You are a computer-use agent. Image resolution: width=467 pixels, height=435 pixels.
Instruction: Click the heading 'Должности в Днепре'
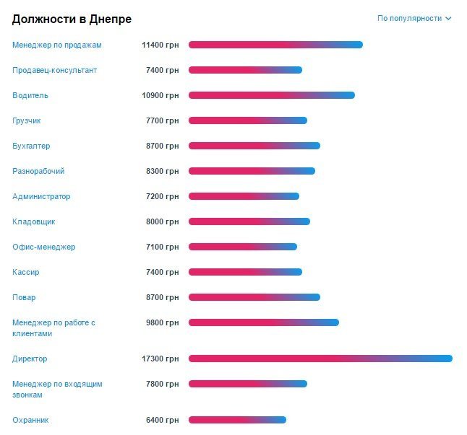point(72,19)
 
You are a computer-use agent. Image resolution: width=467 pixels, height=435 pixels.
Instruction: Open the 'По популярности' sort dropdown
point(414,18)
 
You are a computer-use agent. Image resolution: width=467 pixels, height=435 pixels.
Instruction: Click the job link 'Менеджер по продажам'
point(57,45)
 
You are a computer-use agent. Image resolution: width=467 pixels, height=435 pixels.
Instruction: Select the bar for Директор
point(320,359)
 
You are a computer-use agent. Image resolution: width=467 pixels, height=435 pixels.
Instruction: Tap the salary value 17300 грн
point(160,359)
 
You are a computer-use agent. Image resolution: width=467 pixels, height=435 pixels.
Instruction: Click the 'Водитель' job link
point(30,95)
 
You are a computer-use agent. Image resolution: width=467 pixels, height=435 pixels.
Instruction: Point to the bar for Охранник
point(237,420)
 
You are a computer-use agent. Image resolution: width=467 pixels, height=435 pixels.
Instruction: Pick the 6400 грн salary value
point(163,420)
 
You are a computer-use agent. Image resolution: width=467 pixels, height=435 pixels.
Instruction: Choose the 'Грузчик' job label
point(27,120)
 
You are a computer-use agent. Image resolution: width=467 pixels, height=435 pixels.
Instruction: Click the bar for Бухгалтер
point(254,146)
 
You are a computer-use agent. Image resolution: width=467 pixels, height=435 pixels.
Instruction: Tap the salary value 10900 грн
point(160,95)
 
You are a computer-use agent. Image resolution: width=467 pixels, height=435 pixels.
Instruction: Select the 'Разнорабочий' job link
point(38,171)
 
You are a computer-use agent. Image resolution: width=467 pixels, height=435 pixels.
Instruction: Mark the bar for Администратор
point(244,196)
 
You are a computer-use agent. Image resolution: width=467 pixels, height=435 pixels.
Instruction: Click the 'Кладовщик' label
point(34,221)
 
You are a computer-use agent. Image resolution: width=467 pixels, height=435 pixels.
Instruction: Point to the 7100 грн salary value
point(163,247)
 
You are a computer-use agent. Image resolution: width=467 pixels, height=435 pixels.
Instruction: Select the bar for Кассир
point(245,272)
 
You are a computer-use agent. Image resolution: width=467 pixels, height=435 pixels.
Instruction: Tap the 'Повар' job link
point(24,297)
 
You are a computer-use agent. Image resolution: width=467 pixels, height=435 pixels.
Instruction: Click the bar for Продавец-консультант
point(245,70)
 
